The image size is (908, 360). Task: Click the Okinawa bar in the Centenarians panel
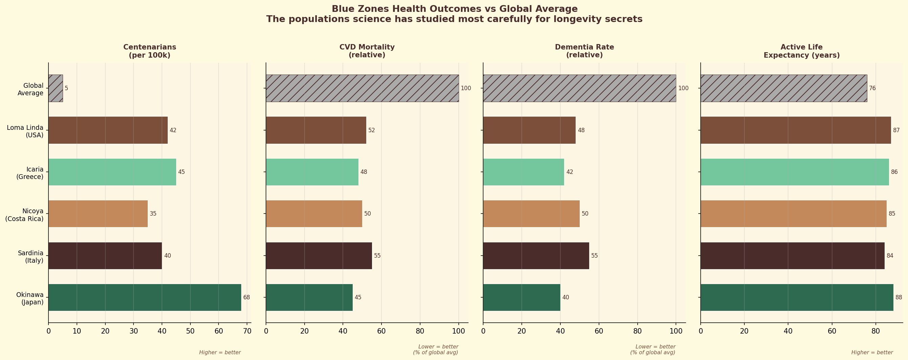145,297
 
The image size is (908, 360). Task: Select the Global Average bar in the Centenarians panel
56,88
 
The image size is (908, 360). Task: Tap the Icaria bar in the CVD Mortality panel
312,172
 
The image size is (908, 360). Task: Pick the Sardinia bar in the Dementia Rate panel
536,256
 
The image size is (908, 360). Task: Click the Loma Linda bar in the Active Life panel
795,130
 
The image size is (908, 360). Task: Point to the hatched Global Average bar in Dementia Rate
579,88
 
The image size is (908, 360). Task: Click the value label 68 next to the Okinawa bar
246,297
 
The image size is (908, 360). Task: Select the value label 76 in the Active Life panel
872,88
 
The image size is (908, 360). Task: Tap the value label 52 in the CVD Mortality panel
372,130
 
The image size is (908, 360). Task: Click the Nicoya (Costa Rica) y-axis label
25,215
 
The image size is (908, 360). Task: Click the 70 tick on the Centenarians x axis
247,331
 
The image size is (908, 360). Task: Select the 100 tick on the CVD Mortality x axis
459,331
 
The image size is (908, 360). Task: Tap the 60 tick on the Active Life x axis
832,331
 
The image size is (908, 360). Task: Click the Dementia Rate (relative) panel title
584,51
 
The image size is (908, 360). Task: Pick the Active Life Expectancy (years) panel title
802,51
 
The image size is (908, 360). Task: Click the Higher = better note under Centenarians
220,352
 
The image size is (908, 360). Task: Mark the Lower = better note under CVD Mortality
438,346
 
